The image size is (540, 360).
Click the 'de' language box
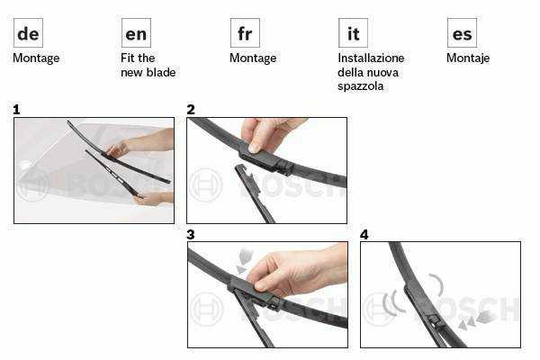(28, 32)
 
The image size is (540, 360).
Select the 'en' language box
(136, 32)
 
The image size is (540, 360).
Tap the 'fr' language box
(245, 32)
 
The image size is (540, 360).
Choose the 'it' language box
(353, 32)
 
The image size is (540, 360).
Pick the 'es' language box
(462, 32)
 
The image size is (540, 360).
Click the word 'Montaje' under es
(468, 58)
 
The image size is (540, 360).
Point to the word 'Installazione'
(371, 58)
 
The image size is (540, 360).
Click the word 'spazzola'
(360, 86)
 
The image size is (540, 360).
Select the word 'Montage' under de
(36, 58)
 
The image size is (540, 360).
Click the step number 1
(16, 110)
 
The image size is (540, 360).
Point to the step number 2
(191, 110)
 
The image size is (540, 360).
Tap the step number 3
(191, 235)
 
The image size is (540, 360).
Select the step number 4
(364, 235)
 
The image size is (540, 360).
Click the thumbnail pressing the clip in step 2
(256, 148)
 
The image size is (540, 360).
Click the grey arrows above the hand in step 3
(245, 261)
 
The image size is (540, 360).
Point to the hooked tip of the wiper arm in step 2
(240, 168)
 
